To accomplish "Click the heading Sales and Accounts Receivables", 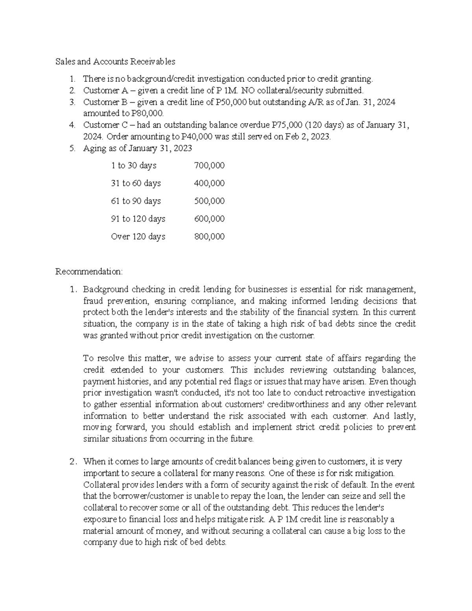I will coord(115,62).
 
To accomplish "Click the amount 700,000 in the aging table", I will coord(209,166).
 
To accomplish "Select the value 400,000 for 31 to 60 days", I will coord(209,183).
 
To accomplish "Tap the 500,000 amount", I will coord(209,201).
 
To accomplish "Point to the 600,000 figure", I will coord(209,219).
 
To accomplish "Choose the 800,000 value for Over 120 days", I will coord(209,236).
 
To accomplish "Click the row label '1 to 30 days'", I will coord(134,166).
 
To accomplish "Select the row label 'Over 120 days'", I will coord(138,236).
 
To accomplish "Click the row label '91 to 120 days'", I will coord(138,219).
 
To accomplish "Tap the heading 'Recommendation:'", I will coord(89,272).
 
